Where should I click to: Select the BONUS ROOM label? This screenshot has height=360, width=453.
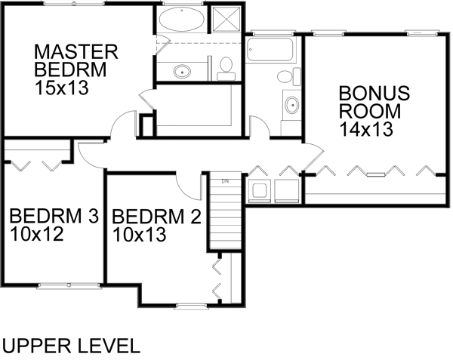click(x=373, y=102)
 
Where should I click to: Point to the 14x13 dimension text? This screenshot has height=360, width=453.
click(x=365, y=128)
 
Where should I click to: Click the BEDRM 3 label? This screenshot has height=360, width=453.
click(x=54, y=217)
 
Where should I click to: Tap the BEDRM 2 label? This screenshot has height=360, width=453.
click(x=156, y=217)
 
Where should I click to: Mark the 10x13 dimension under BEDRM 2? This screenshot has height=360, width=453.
click(x=139, y=234)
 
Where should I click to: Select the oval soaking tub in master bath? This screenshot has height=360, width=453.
click(x=182, y=20)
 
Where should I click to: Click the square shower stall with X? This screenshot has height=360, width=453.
click(x=225, y=20)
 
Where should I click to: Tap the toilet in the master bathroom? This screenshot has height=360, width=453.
click(x=225, y=69)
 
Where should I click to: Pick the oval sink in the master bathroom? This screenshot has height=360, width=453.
click(x=182, y=72)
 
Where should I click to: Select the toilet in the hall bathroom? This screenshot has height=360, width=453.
click(x=284, y=76)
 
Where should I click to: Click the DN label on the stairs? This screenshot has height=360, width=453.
click(x=224, y=181)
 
